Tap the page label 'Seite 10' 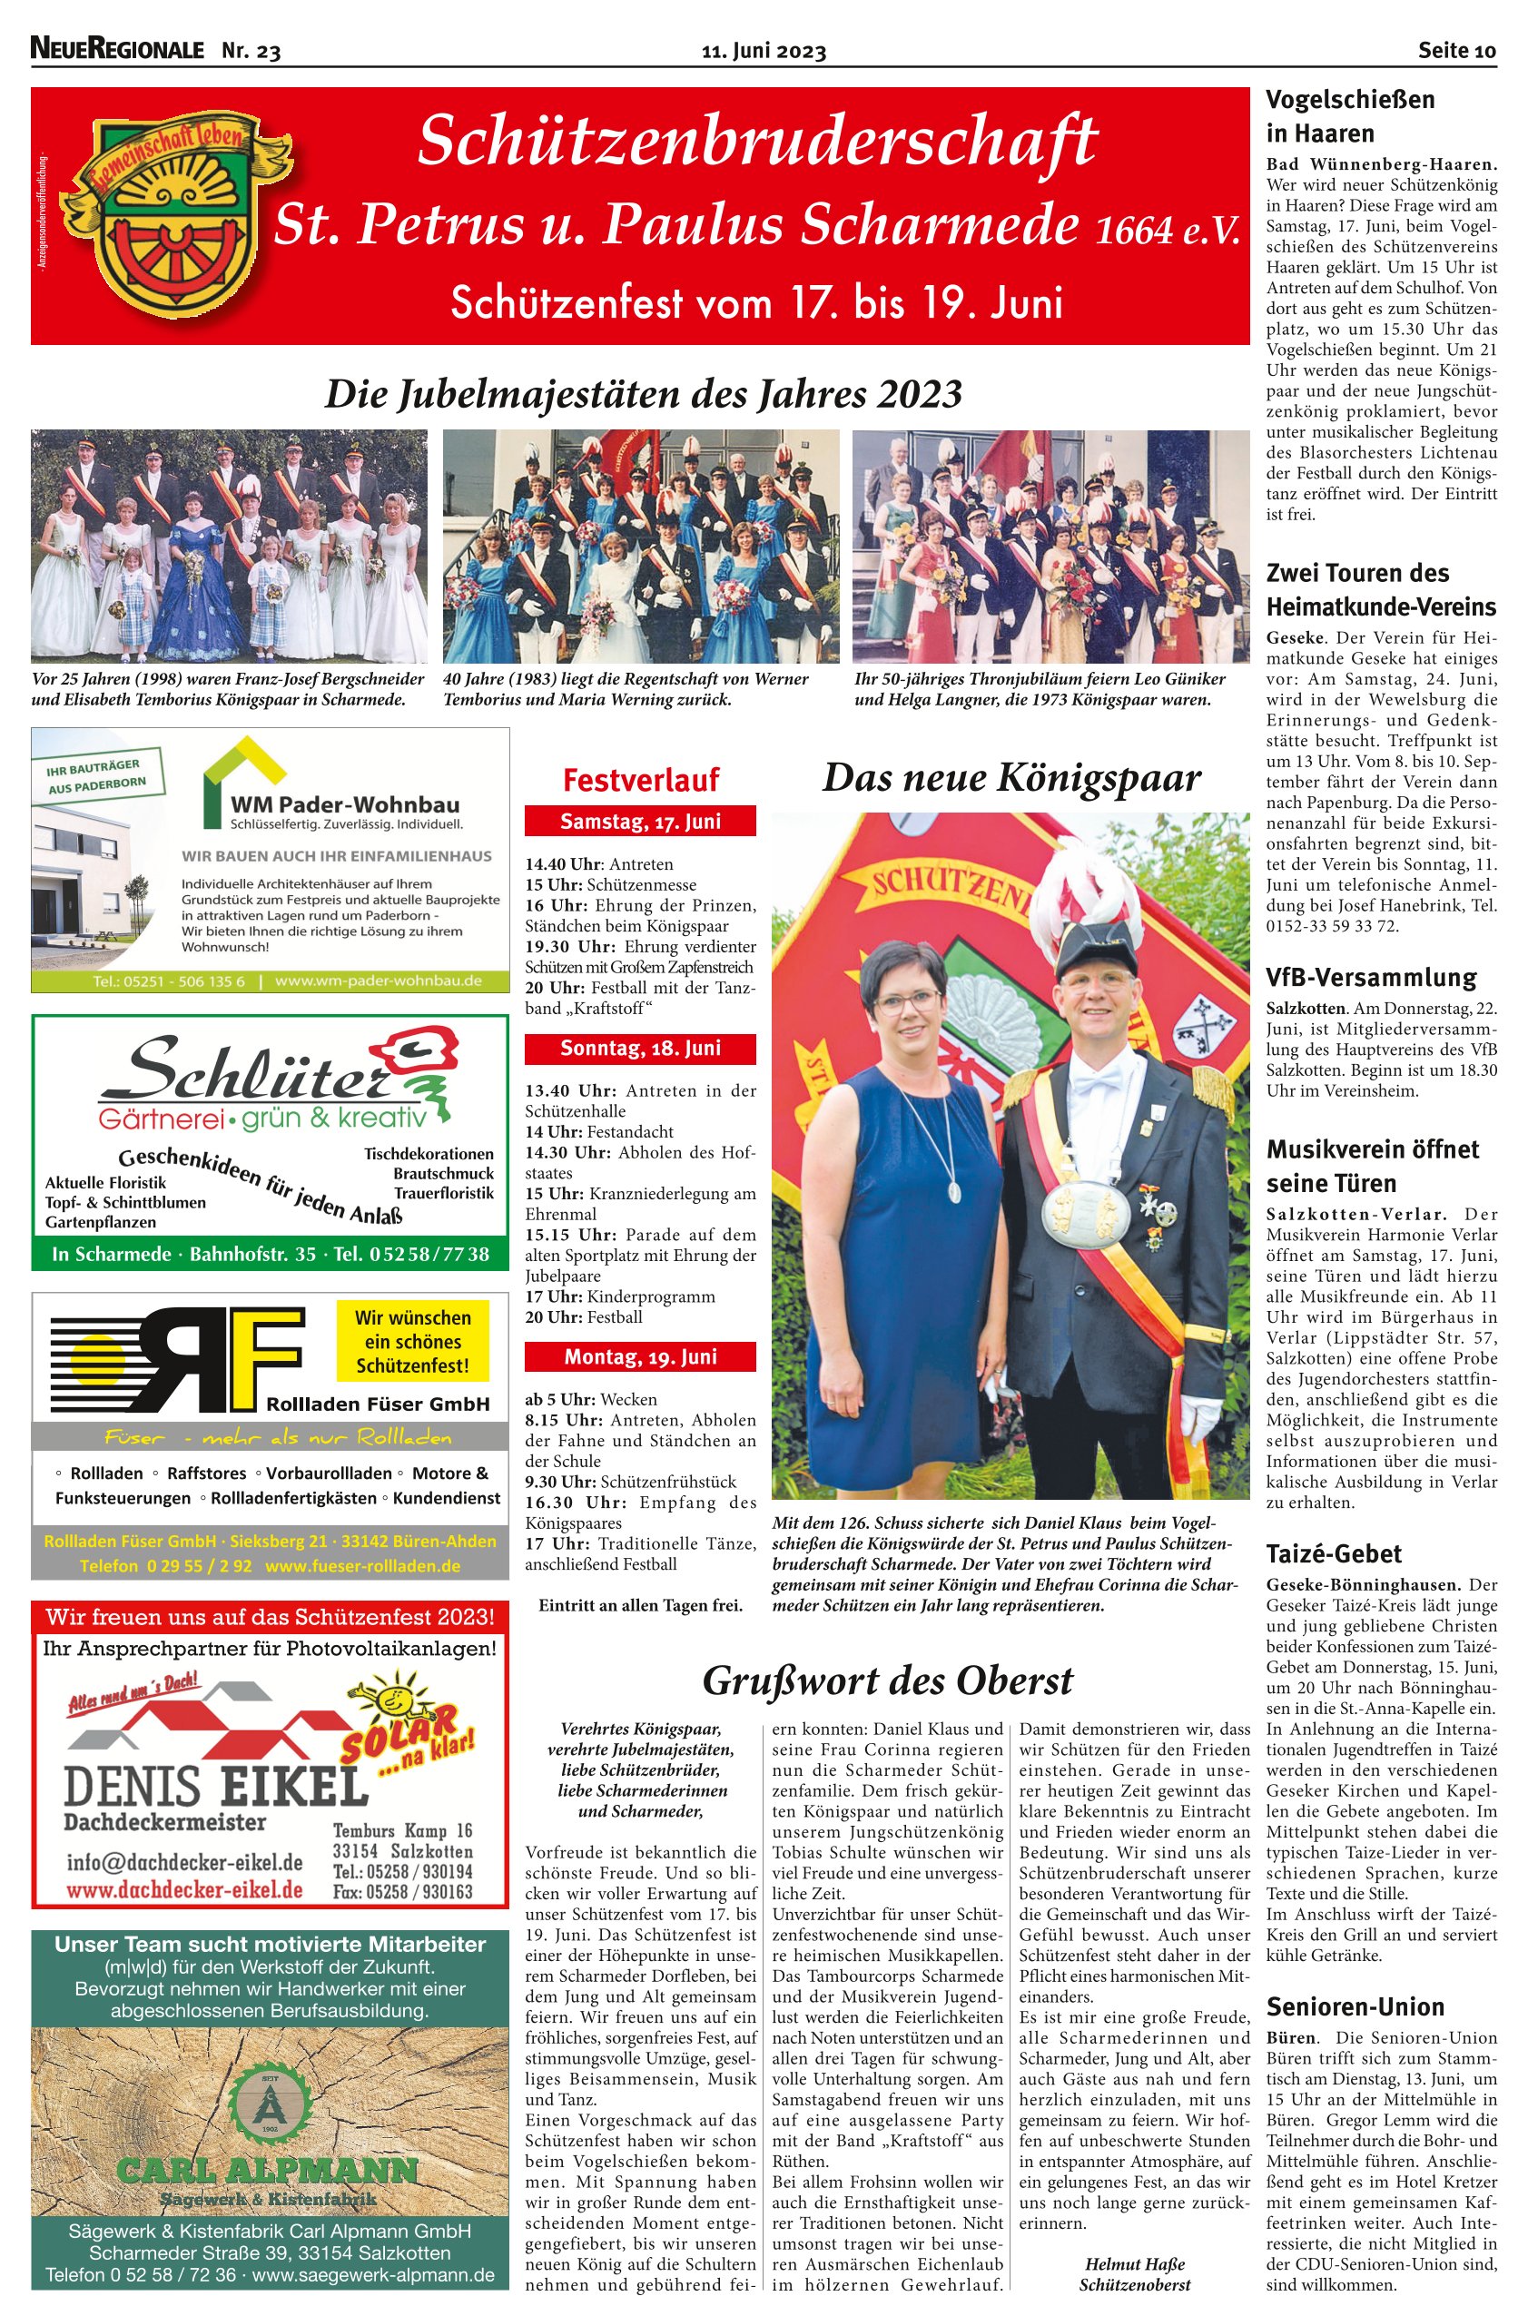click(1456, 51)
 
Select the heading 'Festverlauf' click(640, 780)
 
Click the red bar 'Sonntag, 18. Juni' click(640, 1049)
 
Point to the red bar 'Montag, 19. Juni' click(640, 1356)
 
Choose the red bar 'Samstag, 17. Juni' click(640, 822)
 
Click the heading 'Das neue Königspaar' click(1010, 778)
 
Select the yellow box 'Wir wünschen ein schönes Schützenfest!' click(412, 1341)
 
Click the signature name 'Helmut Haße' click(1134, 2264)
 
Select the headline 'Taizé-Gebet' click(1333, 1554)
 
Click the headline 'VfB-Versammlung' click(1371, 977)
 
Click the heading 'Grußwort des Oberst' click(887, 1680)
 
